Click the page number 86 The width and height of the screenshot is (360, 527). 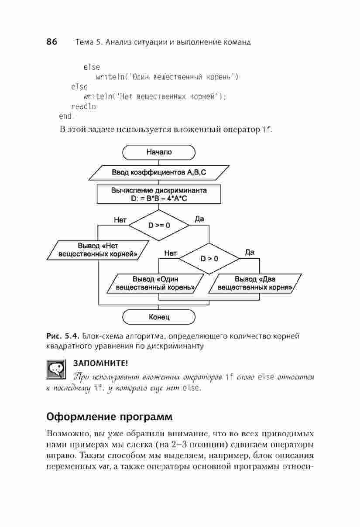(x=52, y=41)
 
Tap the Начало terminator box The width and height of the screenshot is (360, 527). (x=159, y=152)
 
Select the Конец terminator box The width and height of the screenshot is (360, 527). (x=159, y=317)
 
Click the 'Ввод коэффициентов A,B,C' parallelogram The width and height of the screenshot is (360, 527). (x=159, y=172)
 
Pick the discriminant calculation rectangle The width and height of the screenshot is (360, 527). (x=159, y=194)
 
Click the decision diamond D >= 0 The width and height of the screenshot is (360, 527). (x=159, y=225)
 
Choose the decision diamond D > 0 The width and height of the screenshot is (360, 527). (x=209, y=259)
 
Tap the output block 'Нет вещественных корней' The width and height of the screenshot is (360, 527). (x=98, y=250)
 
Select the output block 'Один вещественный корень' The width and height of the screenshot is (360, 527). (x=155, y=284)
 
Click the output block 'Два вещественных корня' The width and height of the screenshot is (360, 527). (x=255, y=284)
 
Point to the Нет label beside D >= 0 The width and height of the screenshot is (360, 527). (x=120, y=220)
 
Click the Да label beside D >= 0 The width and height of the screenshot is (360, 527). (x=199, y=219)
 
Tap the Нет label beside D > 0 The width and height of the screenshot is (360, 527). (x=170, y=253)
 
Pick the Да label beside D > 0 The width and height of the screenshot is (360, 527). (x=250, y=253)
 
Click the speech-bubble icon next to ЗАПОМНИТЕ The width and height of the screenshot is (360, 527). (x=56, y=370)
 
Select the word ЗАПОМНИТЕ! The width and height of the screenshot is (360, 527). (x=101, y=363)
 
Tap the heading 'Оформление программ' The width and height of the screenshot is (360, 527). (x=110, y=417)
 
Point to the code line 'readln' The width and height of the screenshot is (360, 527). (x=84, y=106)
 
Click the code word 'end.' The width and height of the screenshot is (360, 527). (x=66, y=116)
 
